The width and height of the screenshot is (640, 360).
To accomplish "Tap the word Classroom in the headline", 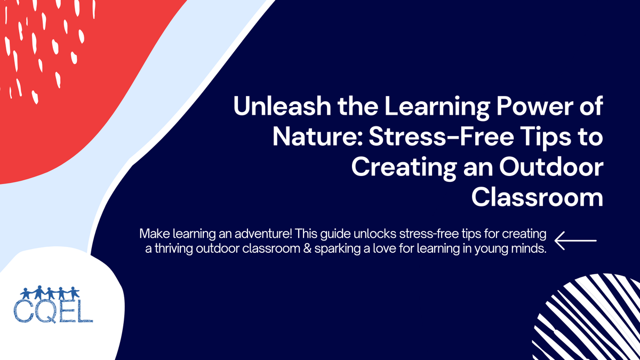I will [538, 197].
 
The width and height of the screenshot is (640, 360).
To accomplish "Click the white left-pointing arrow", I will [575, 241].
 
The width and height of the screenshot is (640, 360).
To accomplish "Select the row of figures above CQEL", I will [51, 293].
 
